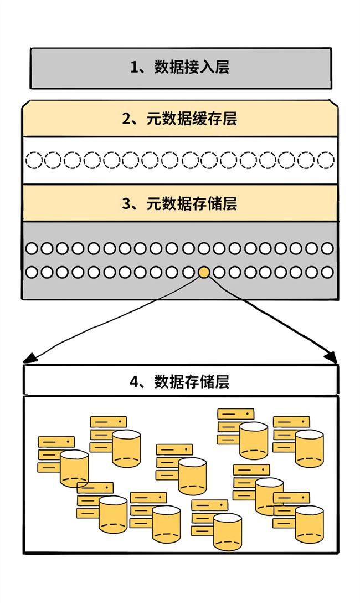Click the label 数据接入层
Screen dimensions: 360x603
(192, 67)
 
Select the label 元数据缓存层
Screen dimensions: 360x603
(192, 119)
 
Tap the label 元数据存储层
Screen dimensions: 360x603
(192, 204)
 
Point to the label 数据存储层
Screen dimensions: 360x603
(192, 382)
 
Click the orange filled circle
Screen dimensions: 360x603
(204, 272)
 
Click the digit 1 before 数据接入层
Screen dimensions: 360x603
(134, 67)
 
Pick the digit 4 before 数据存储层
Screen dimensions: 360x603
(134, 382)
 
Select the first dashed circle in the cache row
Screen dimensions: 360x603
(33, 160)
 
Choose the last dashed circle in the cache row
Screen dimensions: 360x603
(326, 160)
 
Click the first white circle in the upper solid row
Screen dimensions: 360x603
(32, 248)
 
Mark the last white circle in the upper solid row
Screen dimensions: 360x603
(327, 248)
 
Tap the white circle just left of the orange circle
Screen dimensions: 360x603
(188, 272)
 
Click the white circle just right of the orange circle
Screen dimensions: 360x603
(219, 272)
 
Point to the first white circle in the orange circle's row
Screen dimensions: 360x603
(32, 272)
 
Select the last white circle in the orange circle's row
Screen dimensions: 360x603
(327, 272)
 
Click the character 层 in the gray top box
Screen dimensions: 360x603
(222, 67)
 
